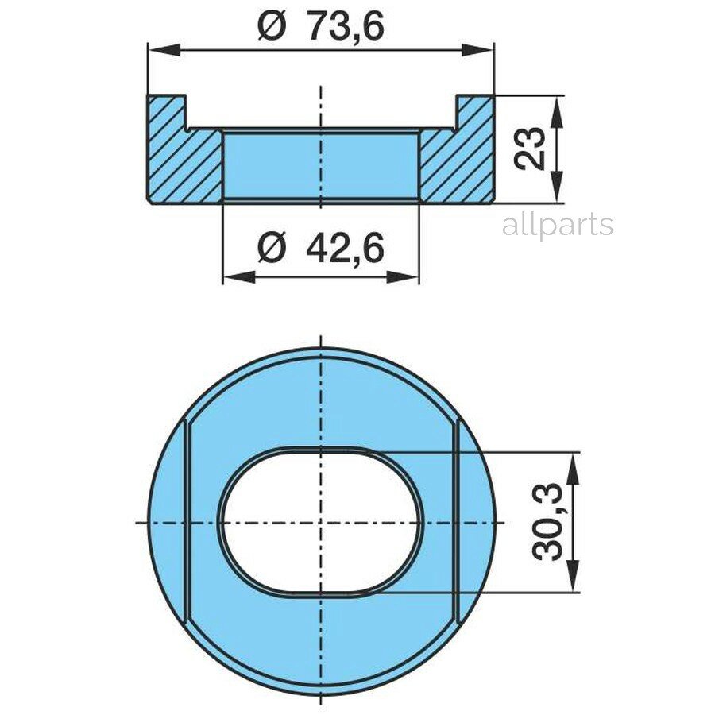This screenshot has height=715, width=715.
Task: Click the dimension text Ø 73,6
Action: pyautogui.click(x=321, y=26)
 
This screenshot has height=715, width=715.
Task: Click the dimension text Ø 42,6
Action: pyautogui.click(x=321, y=248)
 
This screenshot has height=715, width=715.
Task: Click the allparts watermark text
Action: pyautogui.click(x=557, y=225)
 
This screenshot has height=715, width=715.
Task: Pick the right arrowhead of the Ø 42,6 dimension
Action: pyautogui.click(x=403, y=276)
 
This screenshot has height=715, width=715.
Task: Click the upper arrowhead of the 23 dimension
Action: pyautogui.click(x=557, y=111)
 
